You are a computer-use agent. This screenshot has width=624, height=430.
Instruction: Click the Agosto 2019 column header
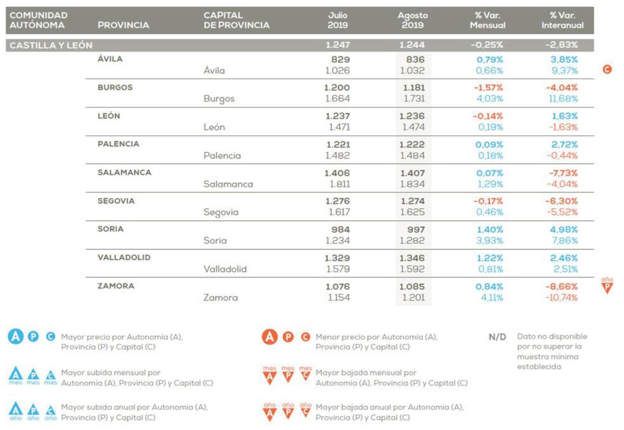[x=412, y=20]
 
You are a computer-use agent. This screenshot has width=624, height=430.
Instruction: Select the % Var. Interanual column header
[x=562, y=20]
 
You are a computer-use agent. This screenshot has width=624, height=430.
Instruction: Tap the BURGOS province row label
[x=115, y=87]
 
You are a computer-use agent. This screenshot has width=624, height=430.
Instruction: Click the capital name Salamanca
[x=228, y=184]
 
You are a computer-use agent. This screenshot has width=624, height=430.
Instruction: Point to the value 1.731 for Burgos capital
[x=414, y=99]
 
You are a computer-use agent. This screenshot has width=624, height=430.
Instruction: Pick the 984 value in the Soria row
[x=340, y=229]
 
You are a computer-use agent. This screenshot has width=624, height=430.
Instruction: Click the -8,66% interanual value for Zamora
[x=561, y=286]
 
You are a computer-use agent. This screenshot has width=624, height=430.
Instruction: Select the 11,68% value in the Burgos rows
[x=563, y=99]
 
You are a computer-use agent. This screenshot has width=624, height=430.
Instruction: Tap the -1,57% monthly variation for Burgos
[x=488, y=87]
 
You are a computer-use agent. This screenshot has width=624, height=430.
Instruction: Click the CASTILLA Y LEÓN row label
[x=51, y=45]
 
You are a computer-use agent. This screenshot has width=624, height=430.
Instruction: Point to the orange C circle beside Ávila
[x=607, y=69]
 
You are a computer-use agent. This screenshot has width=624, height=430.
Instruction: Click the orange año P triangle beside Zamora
[x=607, y=287]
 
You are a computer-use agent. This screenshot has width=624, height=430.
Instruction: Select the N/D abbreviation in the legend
[x=497, y=337]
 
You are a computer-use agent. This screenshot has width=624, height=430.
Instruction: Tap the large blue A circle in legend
[x=16, y=336]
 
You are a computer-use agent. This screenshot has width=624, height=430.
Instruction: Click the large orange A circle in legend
[x=269, y=336]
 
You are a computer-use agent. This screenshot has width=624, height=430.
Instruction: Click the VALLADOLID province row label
[x=124, y=258]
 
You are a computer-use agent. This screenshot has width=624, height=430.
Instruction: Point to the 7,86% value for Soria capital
[x=564, y=240]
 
